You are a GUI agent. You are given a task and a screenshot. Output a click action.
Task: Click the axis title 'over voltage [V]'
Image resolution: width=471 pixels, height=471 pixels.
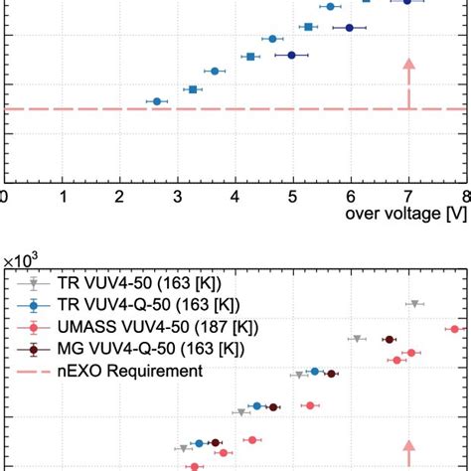pyautogui.click(x=401, y=213)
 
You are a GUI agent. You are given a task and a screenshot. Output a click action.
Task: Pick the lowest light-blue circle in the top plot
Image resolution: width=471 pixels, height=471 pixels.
pyautogui.click(x=156, y=101)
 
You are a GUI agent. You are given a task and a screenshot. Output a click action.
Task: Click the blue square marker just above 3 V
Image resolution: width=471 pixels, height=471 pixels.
pyautogui.click(x=193, y=89)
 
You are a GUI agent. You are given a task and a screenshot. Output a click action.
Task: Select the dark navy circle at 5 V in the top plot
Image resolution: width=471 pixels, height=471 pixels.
pyautogui.click(x=292, y=55)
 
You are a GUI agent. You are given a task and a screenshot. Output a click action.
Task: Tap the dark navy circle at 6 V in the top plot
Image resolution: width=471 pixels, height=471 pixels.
pyautogui.click(x=350, y=28)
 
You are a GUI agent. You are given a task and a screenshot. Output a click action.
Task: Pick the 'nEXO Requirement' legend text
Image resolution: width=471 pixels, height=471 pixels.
pyautogui.click(x=126, y=371)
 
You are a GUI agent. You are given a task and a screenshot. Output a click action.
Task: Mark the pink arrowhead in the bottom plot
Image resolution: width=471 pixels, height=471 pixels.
pyautogui.click(x=407, y=447)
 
